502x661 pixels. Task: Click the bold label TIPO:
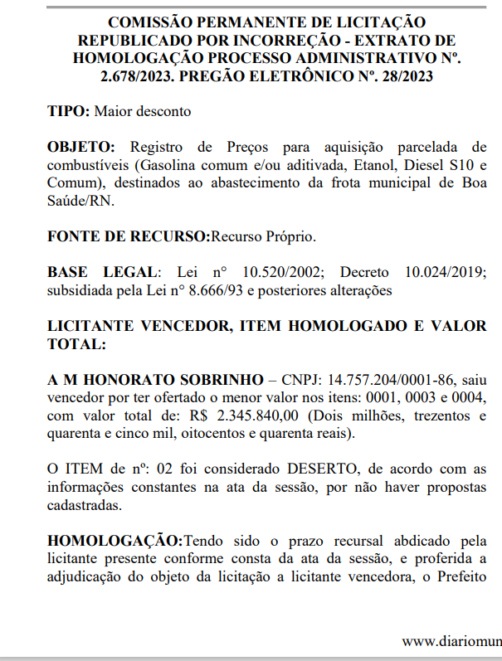(70, 110)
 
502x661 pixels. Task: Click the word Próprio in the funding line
(290, 236)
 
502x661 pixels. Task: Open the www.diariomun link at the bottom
(451, 641)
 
